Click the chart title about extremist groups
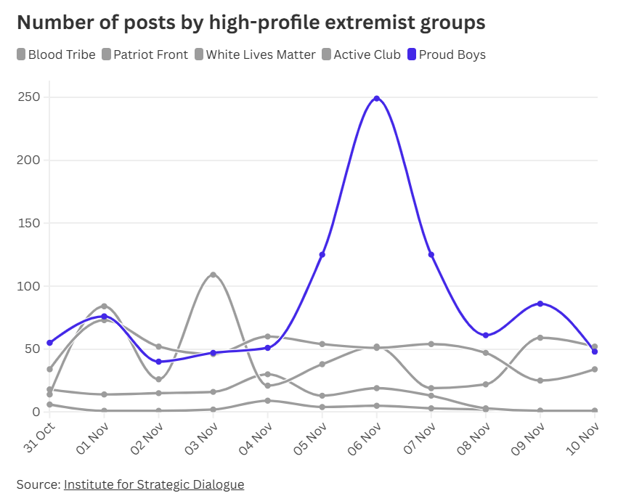pyautogui.click(x=251, y=23)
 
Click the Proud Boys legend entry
pyautogui.click(x=447, y=54)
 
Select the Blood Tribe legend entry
pyautogui.click(x=56, y=54)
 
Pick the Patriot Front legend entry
pyautogui.click(x=145, y=54)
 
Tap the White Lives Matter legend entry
pyautogui.click(x=255, y=54)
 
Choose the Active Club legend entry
pyautogui.click(x=361, y=54)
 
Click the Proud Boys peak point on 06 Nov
pyautogui.click(x=376, y=98)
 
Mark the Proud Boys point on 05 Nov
pyautogui.click(x=322, y=254)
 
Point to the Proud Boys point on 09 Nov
pyautogui.click(x=540, y=304)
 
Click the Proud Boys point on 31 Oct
pyautogui.click(x=49, y=343)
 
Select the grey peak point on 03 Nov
pyautogui.click(x=213, y=275)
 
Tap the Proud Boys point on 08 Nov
pyautogui.click(x=486, y=336)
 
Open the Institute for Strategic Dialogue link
pyautogui.click(x=154, y=484)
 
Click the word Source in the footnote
pyautogui.click(x=38, y=484)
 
